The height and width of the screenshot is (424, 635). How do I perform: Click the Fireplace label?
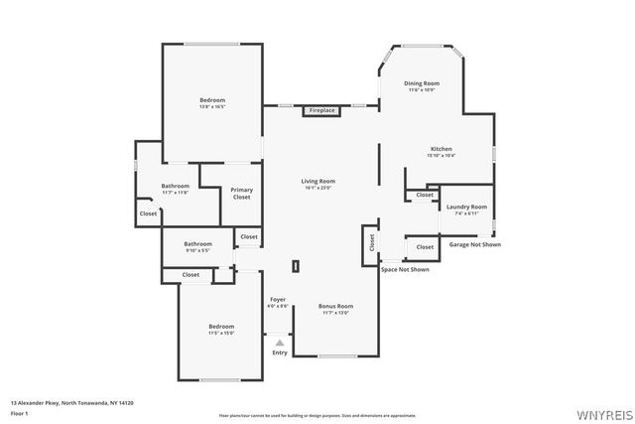(x=321, y=110)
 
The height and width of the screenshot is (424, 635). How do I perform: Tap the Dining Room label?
(x=421, y=83)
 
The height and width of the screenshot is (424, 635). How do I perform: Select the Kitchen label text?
(x=442, y=149)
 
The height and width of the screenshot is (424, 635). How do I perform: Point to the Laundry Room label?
(x=465, y=207)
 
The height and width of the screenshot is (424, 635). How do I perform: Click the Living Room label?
(x=318, y=181)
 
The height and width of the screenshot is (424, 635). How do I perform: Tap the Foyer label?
(x=278, y=299)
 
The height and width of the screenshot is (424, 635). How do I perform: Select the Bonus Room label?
(x=335, y=306)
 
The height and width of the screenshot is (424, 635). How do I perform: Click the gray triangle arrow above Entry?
(x=280, y=343)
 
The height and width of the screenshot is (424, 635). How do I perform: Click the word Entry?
(x=280, y=353)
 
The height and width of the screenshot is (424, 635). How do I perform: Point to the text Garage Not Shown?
(x=475, y=244)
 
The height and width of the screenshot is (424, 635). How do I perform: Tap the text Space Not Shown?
(x=405, y=269)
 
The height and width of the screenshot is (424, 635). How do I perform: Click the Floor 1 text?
(x=20, y=413)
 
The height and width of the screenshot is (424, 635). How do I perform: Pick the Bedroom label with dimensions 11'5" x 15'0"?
(x=221, y=327)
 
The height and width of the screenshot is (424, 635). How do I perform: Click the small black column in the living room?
(x=295, y=266)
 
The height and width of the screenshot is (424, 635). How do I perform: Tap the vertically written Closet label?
(x=371, y=240)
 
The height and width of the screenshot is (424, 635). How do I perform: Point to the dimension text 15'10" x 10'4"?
(x=442, y=156)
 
